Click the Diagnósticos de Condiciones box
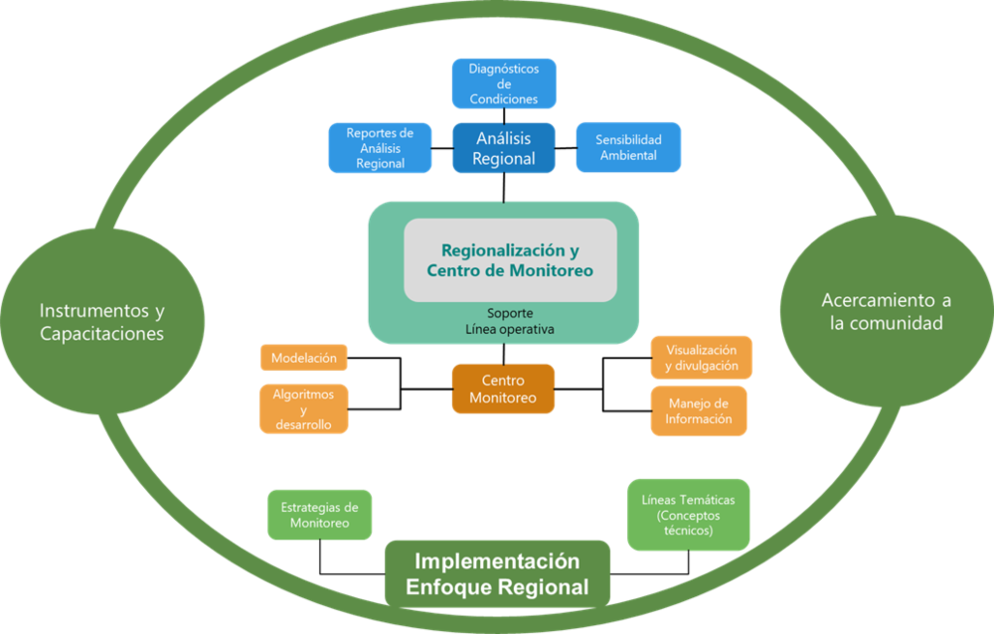pyautogui.click(x=503, y=83)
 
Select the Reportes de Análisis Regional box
pyautogui.click(x=380, y=147)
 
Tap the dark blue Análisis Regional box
pyautogui.click(x=503, y=148)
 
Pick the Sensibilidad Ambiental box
pyautogui.click(x=628, y=147)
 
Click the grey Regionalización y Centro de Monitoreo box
pyautogui.click(x=510, y=259)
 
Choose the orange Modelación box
pyautogui.click(x=303, y=358)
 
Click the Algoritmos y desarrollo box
pyautogui.click(x=303, y=408)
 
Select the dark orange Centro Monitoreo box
pyautogui.click(x=502, y=389)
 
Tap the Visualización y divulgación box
pyautogui.click(x=701, y=358)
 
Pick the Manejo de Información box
pyautogui.click(x=700, y=410)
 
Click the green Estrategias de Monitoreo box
pyautogui.click(x=319, y=514)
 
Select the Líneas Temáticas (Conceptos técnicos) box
pyautogui.click(x=688, y=514)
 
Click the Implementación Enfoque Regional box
pyautogui.click(x=497, y=573)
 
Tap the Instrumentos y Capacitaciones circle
pyautogui.click(x=101, y=321)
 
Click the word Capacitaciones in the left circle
pyautogui.click(x=101, y=334)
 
